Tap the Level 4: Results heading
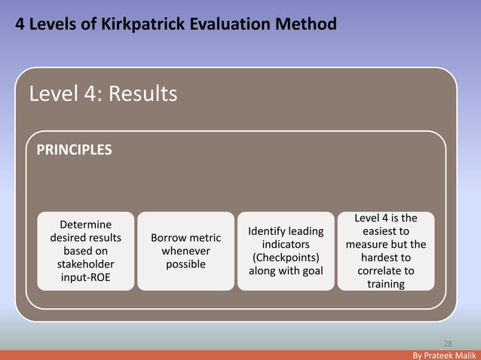103,93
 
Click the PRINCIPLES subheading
74,150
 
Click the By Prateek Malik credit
445,354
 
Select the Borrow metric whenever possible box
185,252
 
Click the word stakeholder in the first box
85,264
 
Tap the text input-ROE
85,278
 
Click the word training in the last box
385,284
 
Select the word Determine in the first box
85,224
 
